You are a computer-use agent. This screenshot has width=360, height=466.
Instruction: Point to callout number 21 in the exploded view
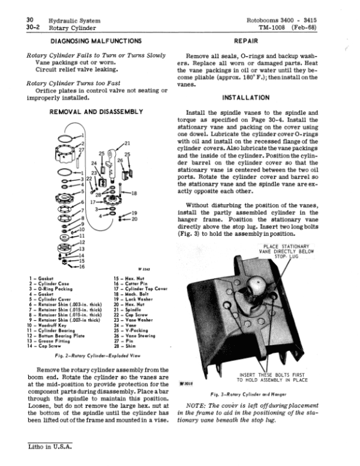click(127, 143)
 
